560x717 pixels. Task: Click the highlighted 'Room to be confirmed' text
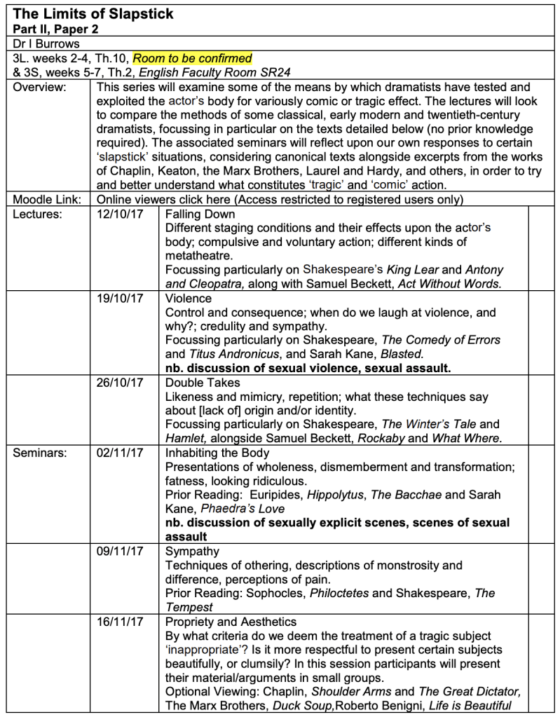(192, 58)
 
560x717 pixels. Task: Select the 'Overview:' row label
(39, 88)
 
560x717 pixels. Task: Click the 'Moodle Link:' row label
(48, 200)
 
